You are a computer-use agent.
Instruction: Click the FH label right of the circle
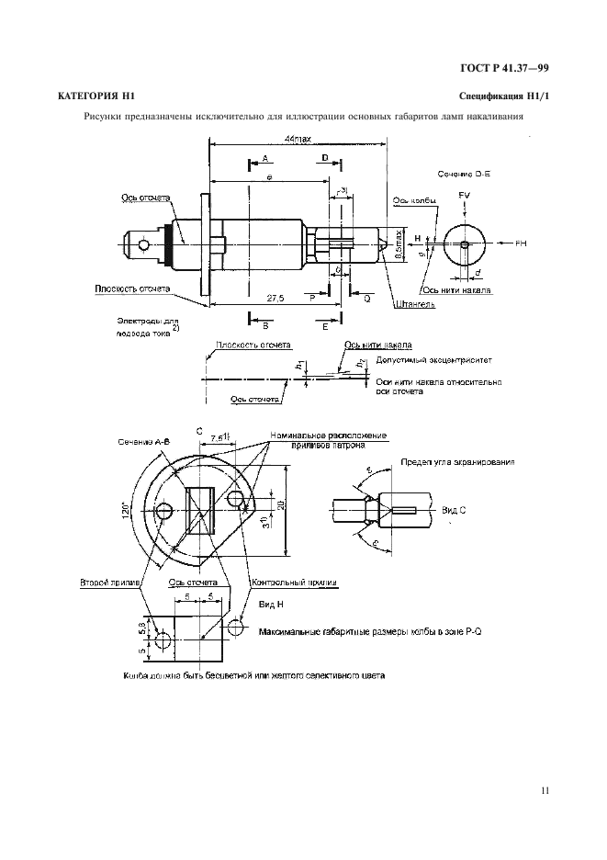pos(521,243)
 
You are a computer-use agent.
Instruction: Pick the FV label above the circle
pos(465,196)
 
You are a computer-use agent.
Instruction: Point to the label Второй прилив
pos(109,582)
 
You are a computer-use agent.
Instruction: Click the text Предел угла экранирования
pos(457,462)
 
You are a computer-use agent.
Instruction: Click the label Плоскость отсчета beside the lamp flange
pos(132,288)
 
